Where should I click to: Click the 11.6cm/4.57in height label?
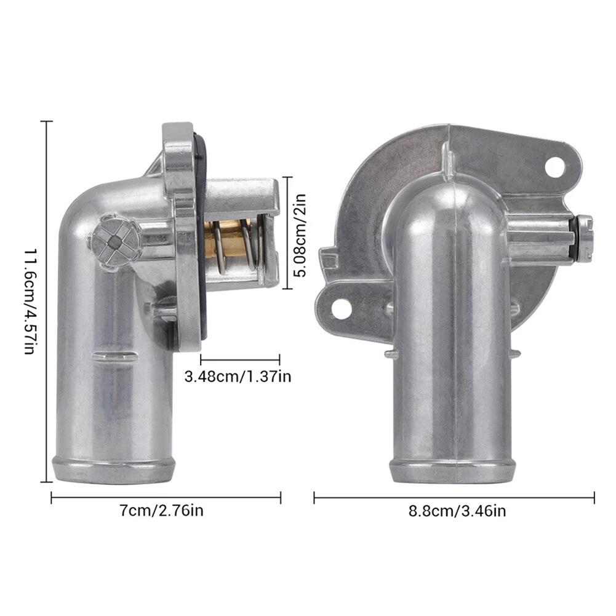(31, 302)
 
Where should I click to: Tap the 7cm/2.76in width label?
(162, 511)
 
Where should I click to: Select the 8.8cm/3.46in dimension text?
(457, 511)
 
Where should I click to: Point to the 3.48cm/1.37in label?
(238, 377)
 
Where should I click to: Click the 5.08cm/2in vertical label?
(300, 235)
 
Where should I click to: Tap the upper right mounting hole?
(554, 167)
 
